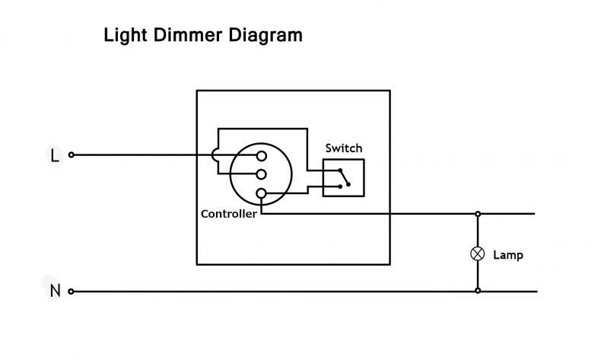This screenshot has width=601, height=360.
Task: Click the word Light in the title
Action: (x=126, y=35)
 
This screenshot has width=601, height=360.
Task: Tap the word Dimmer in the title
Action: (x=188, y=35)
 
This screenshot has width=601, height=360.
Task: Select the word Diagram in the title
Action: (x=266, y=35)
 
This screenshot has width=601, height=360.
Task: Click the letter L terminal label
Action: (x=55, y=156)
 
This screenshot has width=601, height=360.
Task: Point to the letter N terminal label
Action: (x=56, y=291)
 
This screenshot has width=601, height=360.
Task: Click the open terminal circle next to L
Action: (x=72, y=155)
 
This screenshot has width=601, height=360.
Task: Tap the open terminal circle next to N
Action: (x=71, y=292)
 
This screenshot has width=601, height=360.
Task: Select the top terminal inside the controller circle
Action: (x=262, y=156)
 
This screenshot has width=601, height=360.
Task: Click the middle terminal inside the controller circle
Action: (x=262, y=174)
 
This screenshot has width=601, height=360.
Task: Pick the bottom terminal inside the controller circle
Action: (x=261, y=193)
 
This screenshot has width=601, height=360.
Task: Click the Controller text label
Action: (x=229, y=214)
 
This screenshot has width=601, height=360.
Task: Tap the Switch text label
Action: (x=344, y=148)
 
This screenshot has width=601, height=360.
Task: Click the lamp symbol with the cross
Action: (x=478, y=253)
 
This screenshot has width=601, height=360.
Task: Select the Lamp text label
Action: (x=508, y=255)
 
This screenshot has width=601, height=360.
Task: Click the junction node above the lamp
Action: (x=478, y=214)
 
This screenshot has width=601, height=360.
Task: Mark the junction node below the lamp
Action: (x=478, y=291)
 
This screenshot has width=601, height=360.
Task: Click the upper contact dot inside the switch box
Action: (x=340, y=170)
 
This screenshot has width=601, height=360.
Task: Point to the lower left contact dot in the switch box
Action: (x=340, y=186)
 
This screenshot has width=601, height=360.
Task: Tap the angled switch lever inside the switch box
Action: (x=344, y=177)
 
